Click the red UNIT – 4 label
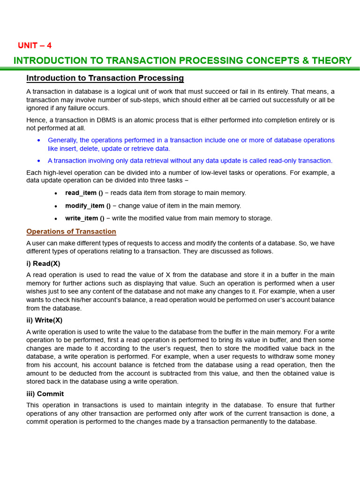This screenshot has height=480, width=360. pos(35,45)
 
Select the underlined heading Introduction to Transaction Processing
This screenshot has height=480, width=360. pos(105,78)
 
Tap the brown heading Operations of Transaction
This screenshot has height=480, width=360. pos(71,232)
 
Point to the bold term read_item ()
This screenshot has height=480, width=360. pos(84,193)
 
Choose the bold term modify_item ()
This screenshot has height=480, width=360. pos(88,206)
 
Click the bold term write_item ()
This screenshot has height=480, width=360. pos(85,218)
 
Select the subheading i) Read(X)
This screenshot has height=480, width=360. pos(43,263)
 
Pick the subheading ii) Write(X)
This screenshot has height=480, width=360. pos(45,320)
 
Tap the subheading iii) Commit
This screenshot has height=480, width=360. pos(45,394)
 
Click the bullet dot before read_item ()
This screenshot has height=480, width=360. pos(56,193)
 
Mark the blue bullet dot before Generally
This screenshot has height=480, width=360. pos(38,140)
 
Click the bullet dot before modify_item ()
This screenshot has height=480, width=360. pos(56,206)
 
